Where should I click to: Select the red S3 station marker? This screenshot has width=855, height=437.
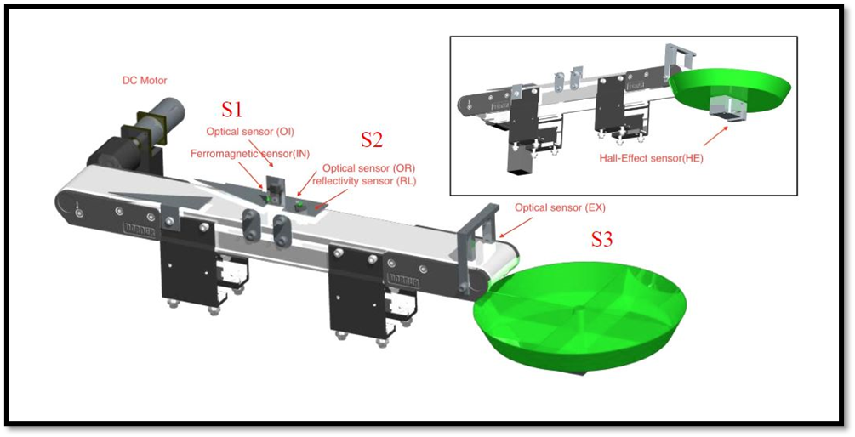tap(601, 240)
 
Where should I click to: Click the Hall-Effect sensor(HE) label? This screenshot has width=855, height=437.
tap(651, 158)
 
